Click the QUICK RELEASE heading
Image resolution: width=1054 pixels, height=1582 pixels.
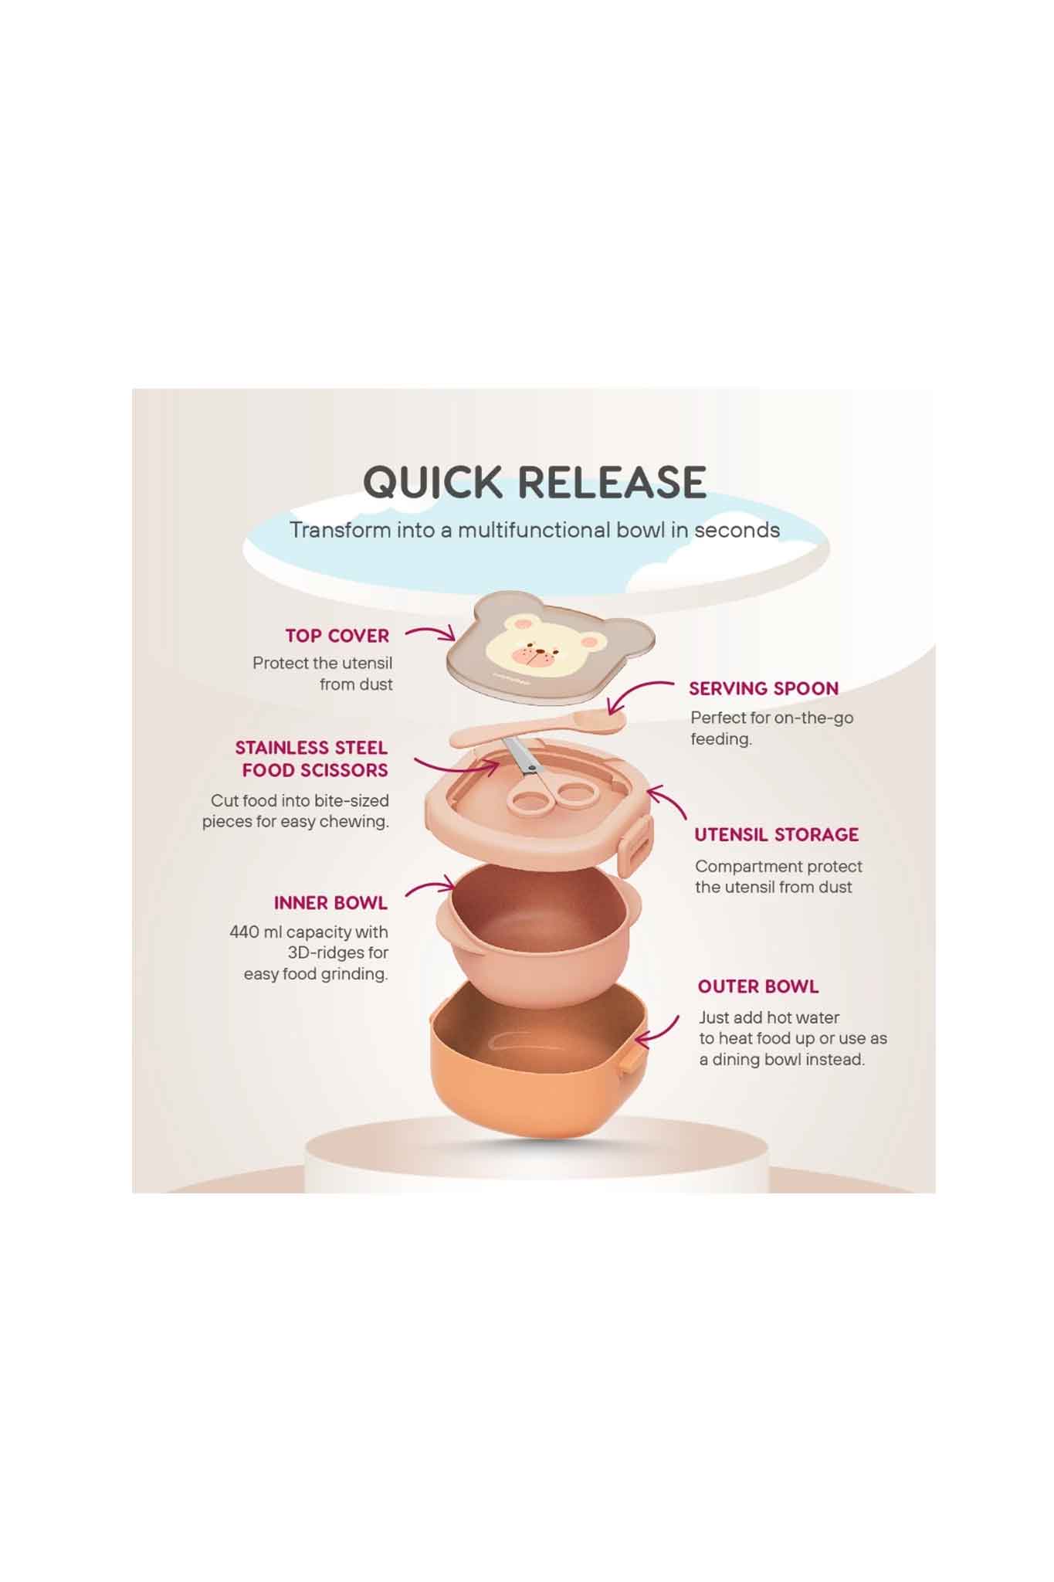pos(534,482)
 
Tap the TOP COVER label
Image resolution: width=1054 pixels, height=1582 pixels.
pos(337,636)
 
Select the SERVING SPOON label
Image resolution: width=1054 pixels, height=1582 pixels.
pos(764,688)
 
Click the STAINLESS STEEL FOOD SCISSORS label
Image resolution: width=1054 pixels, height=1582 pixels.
pos(312,759)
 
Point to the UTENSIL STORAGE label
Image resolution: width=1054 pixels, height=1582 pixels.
pos(776,834)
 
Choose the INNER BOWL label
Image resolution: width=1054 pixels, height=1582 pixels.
pos(330,903)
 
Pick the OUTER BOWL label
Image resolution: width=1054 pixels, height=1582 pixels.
pos(758,986)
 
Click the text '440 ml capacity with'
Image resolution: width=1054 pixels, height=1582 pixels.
pos(309,932)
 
